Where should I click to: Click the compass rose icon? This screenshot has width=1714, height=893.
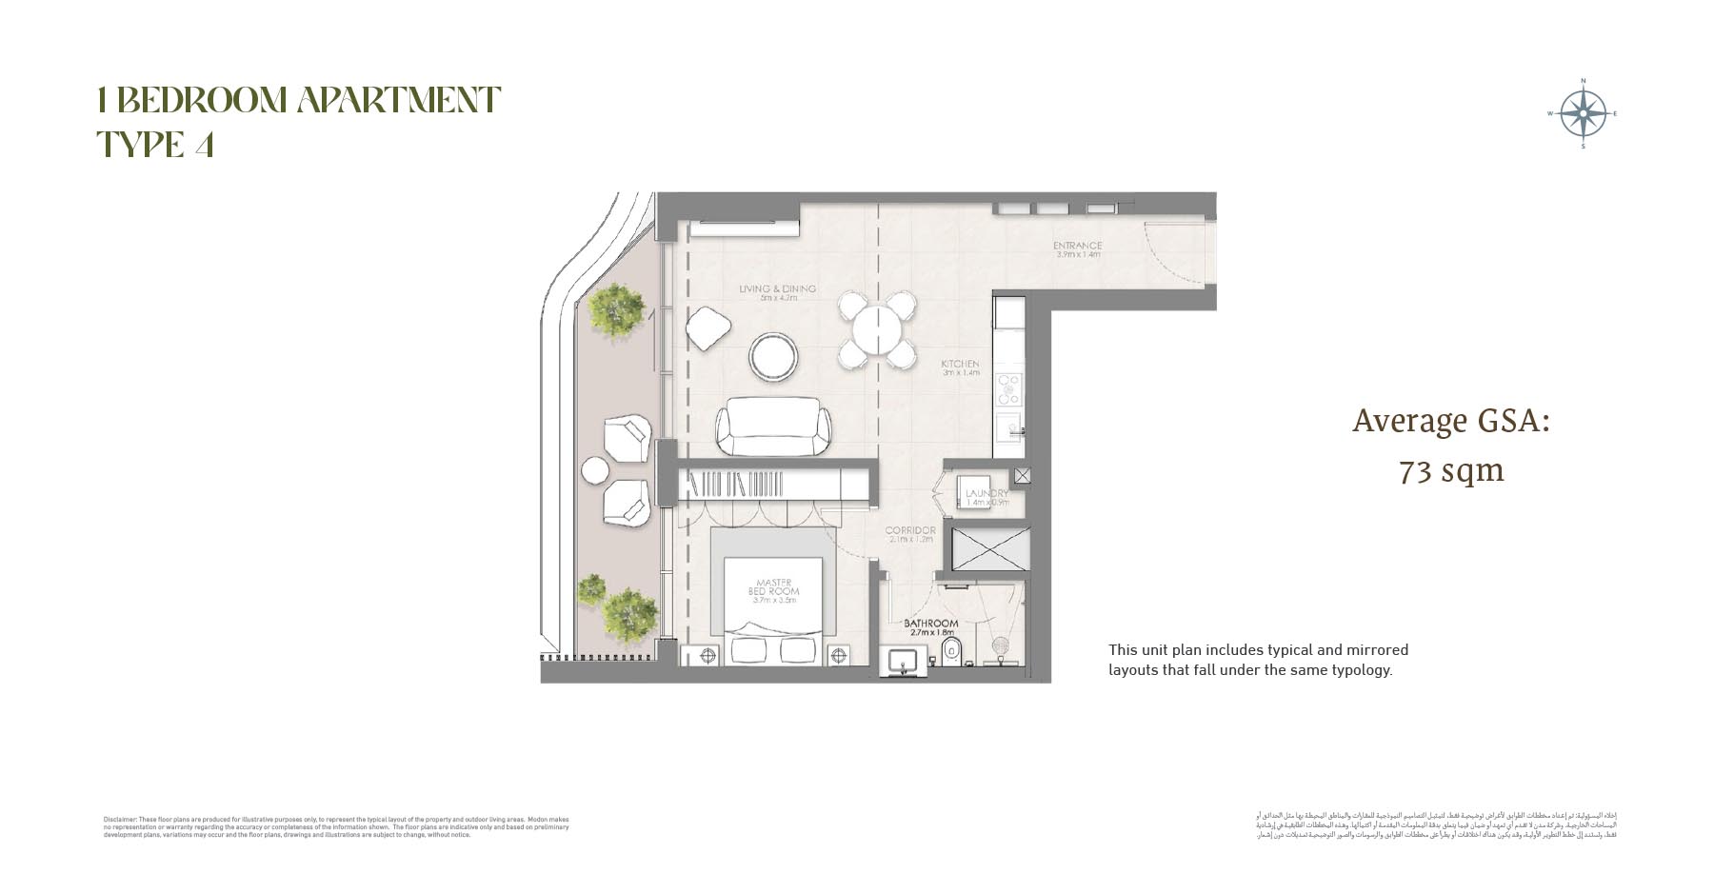(1583, 114)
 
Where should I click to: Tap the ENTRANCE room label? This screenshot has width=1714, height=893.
(1077, 249)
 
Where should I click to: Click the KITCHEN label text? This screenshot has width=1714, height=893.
(960, 368)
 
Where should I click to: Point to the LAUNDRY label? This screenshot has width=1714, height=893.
(986, 496)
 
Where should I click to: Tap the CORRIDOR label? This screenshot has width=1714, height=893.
(909, 534)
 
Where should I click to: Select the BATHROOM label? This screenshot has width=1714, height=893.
(930, 627)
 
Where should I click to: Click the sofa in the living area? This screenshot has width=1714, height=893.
(772, 428)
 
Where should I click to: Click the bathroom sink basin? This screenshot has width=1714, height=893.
(902, 661)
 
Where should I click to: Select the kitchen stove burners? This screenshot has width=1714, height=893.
(1008, 388)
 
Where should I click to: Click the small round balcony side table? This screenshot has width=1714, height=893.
(595, 470)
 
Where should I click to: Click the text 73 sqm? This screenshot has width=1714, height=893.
(1450, 470)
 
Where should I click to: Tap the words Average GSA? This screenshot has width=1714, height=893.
(1450, 421)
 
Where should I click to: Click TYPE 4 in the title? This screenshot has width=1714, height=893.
(155, 145)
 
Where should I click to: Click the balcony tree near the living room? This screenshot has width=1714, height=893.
(616, 309)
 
